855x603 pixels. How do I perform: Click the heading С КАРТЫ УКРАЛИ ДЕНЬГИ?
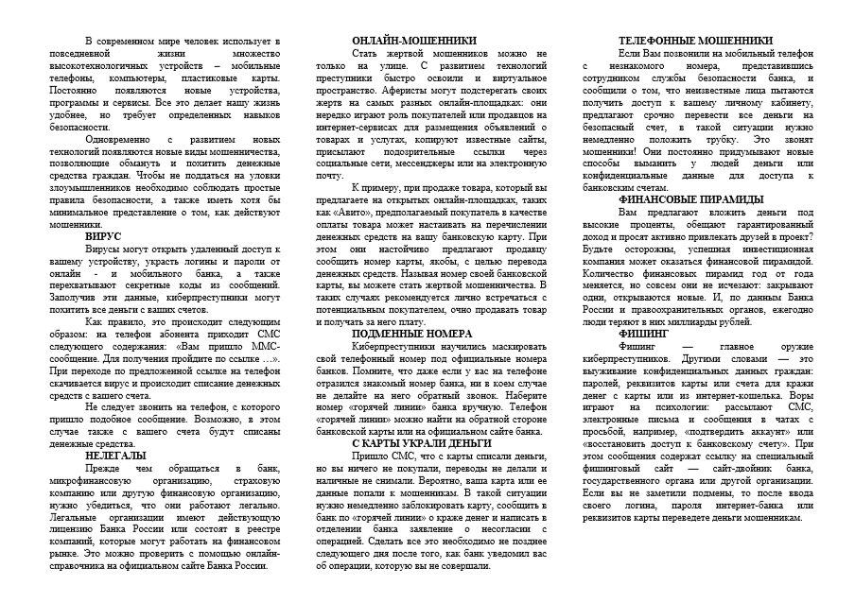(x=413, y=442)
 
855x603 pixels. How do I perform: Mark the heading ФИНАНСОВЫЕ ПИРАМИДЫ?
(x=690, y=199)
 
